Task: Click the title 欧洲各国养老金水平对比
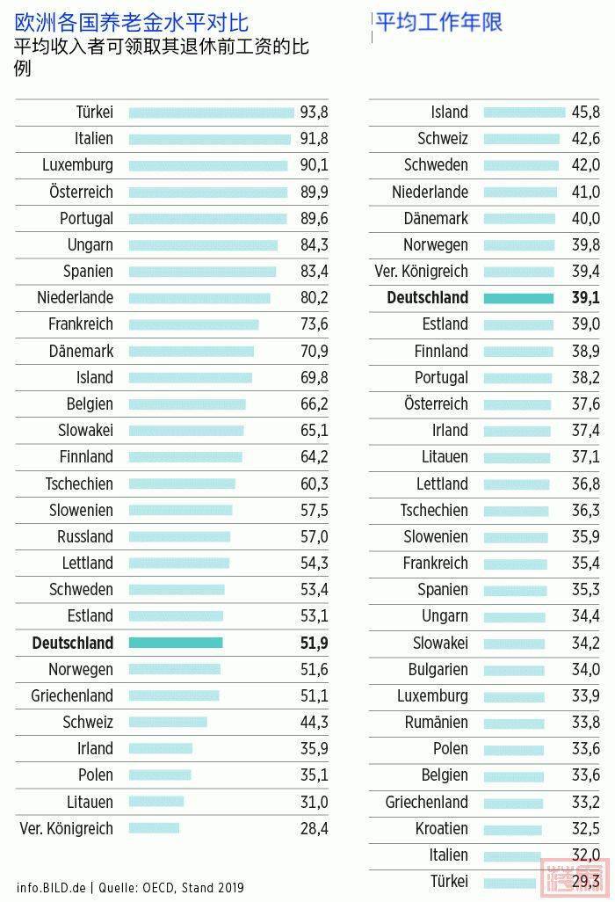point(132,22)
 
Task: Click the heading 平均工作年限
point(439,21)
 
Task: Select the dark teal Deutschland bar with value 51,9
point(176,643)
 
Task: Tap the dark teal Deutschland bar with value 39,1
point(518,298)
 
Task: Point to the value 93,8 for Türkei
point(314,112)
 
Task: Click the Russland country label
point(85,536)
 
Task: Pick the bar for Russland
point(179,536)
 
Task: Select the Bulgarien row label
point(438,669)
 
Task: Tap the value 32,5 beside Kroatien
point(585,828)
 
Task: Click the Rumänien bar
point(514,723)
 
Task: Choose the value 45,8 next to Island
point(585,112)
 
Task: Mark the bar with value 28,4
point(154,828)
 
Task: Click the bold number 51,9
point(314,643)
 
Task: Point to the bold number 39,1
point(585,298)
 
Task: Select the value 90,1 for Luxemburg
point(314,164)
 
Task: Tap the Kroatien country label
point(441,828)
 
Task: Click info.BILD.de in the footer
point(51,888)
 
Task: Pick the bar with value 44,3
point(168,722)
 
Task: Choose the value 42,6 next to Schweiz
point(585,138)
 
